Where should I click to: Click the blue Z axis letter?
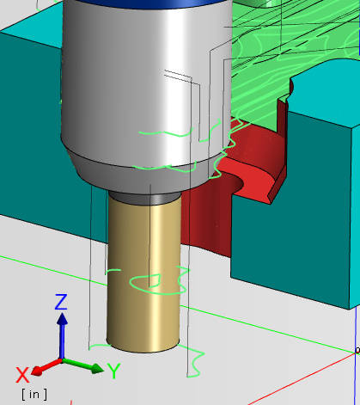(x=61, y=301)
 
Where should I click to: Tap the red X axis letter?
(x=24, y=373)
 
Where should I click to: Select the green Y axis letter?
(x=113, y=371)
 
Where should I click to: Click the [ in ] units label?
(x=34, y=394)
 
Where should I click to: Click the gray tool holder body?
(x=129, y=86)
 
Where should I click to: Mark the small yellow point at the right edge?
(x=357, y=350)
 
